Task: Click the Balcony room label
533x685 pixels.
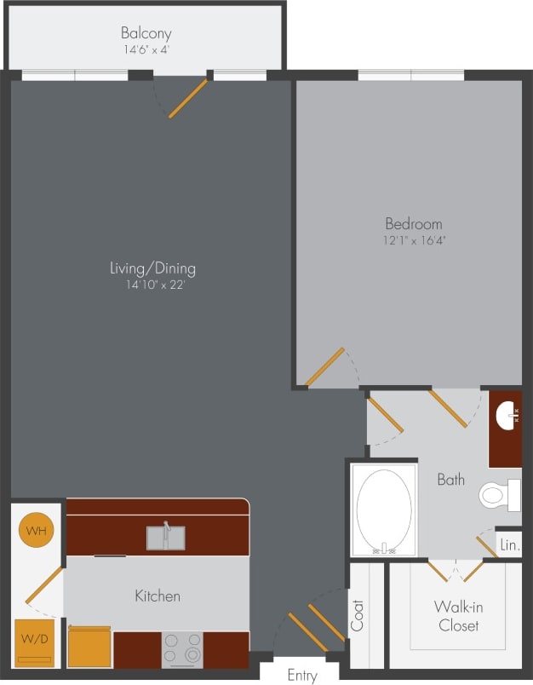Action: point(146,33)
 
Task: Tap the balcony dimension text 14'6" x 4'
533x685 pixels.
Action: point(146,50)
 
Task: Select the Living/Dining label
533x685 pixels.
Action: point(152,268)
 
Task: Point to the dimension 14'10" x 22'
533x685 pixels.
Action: point(152,285)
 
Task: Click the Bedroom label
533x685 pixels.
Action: point(414,224)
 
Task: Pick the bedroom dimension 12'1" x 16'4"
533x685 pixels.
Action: point(414,240)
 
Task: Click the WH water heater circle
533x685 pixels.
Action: point(36,531)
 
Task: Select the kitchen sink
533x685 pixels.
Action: point(165,538)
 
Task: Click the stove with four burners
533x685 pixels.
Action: point(182,649)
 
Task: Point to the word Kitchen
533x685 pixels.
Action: point(158,596)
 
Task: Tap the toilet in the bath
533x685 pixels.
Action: point(501,495)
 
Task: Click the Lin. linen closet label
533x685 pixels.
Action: point(509,544)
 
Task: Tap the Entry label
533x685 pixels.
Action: point(301,676)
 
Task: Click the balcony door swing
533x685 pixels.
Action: point(187,98)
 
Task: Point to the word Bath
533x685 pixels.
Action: point(450,480)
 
